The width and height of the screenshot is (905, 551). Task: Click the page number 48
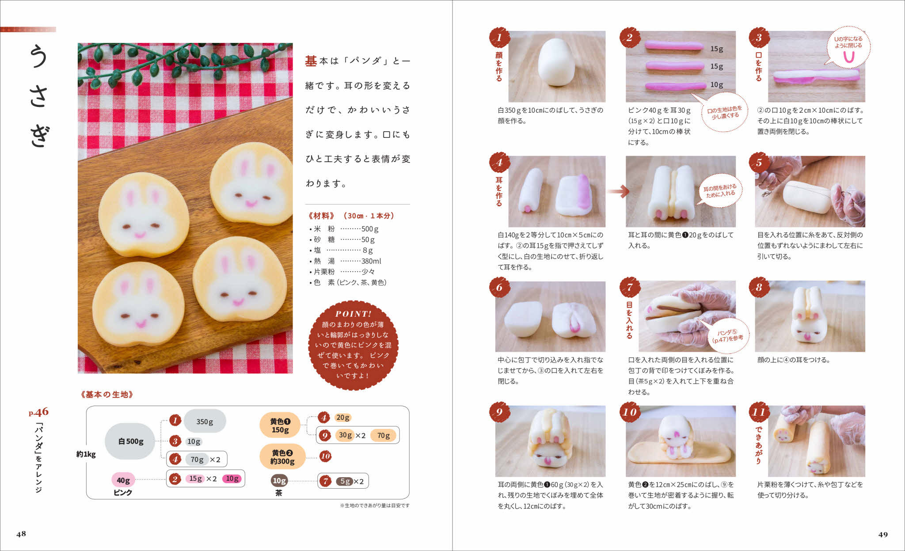(x=21, y=534)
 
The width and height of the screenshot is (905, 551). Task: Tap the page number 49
(x=883, y=535)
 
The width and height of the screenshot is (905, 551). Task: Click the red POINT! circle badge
(x=353, y=345)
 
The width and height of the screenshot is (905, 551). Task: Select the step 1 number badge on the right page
(x=499, y=38)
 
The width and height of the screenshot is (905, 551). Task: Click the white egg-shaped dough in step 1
(x=556, y=62)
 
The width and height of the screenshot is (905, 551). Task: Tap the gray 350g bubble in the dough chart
(x=205, y=422)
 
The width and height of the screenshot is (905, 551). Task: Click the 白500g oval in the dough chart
(x=130, y=441)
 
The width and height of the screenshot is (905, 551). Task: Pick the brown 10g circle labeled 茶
(x=279, y=481)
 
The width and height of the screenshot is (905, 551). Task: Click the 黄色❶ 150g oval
(x=280, y=426)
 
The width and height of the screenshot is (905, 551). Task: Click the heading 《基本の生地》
(x=107, y=395)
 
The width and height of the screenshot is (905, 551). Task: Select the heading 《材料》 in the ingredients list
(x=321, y=216)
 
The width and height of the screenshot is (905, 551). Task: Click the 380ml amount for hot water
(x=371, y=261)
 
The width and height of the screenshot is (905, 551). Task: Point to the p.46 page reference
(x=39, y=412)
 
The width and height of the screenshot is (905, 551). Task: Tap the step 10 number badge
(x=630, y=412)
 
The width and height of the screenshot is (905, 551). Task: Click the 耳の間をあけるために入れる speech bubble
(x=720, y=190)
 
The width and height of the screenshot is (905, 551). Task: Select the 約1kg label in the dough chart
(x=86, y=454)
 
